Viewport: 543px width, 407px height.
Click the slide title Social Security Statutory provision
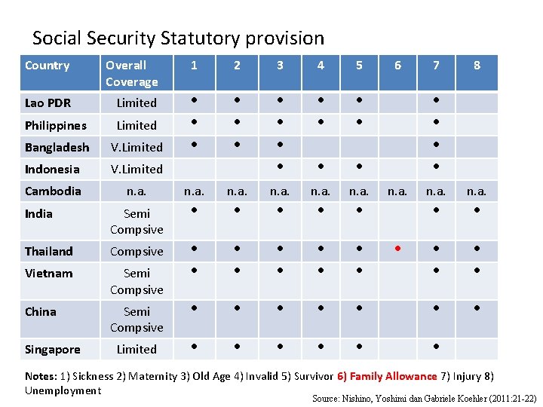pyautogui.click(x=178, y=38)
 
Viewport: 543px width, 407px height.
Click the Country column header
pyautogui.click(x=47, y=66)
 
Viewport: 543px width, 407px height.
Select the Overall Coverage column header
pyautogui.click(x=132, y=73)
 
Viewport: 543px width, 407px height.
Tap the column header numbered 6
pyautogui.click(x=397, y=66)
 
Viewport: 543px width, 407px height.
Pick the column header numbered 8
pyautogui.click(x=477, y=66)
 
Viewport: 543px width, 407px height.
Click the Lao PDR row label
pyautogui.click(x=48, y=103)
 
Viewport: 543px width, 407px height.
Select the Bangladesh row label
pyautogui.click(x=57, y=147)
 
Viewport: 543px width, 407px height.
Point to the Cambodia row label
pyautogui.click(x=53, y=191)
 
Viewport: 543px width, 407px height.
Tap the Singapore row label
pyautogui.click(x=53, y=349)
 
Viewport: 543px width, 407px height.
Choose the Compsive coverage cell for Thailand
pyautogui.click(x=137, y=252)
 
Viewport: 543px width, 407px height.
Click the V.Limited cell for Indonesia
pyautogui.click(x=137, y=169)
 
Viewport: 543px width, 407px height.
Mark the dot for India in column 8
pyautogui.click(x=477, y=210)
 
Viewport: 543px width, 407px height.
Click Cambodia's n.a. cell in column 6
pyautogui.click(x=397, y=192)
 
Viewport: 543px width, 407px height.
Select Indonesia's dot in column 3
pyautogui.click(x=280, y=166)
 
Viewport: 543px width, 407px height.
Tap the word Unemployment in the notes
pyautogui.click(x=63, y=390)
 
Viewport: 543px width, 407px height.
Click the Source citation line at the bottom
pyautogui.click(x=423, y=397)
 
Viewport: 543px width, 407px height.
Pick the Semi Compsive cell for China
pyautogui.click(x=137, y=319)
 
